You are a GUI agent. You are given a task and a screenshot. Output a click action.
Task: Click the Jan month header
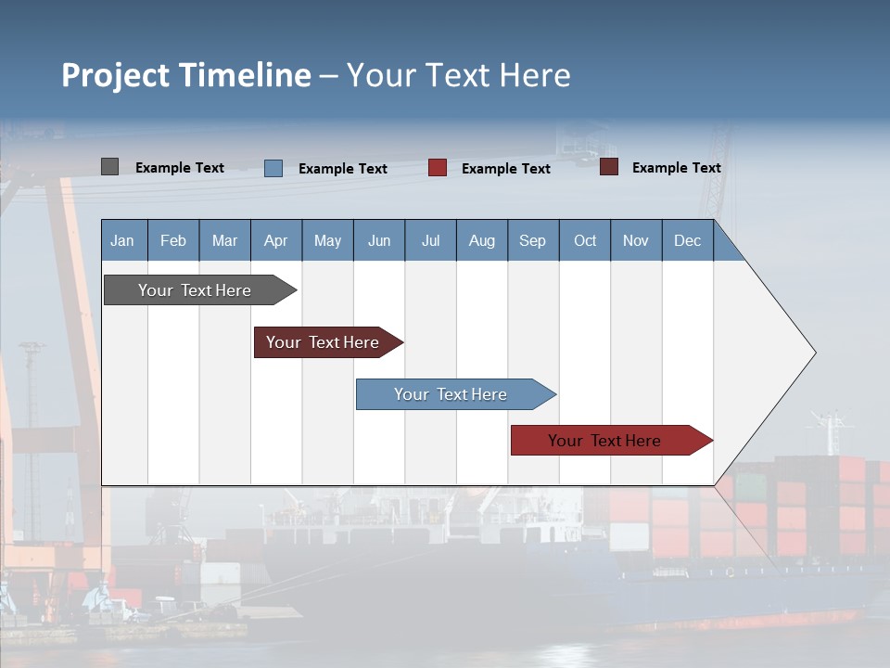click(122, 240)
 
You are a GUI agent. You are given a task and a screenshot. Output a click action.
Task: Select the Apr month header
click(275, 240)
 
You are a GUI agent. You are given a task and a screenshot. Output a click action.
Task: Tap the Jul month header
click(430, 240)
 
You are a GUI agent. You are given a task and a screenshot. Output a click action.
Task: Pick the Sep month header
click(532, 240)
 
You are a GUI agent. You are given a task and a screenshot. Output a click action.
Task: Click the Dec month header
click(687, 240)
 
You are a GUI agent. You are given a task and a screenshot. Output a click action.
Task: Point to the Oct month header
click(585, 240)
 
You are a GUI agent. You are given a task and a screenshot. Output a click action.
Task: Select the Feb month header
click(173, 240)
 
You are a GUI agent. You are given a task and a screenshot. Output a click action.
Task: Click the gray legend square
click(109, 167)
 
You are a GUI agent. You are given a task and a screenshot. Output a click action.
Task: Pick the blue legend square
click(273, 168)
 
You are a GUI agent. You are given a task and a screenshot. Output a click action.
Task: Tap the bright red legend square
click(438, 168)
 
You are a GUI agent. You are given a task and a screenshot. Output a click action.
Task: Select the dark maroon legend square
click(608, 167)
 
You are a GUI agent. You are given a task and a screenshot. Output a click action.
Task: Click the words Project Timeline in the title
click(186, 75)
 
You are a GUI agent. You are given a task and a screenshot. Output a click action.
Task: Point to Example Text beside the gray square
click(180, 168)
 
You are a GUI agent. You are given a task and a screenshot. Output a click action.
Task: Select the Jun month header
click(379, 240)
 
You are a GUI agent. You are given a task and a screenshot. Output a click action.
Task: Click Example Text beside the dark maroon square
click(676, 168)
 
